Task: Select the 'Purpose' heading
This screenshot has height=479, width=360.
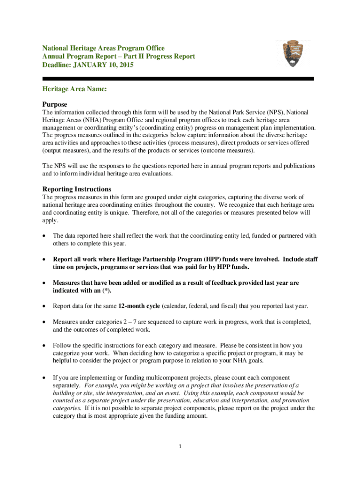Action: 55,104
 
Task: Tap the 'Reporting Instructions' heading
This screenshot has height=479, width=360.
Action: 77,189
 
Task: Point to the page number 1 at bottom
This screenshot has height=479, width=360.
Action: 180,446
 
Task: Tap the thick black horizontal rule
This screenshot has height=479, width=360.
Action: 178,79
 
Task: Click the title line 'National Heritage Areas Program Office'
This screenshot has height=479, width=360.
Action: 103,48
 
